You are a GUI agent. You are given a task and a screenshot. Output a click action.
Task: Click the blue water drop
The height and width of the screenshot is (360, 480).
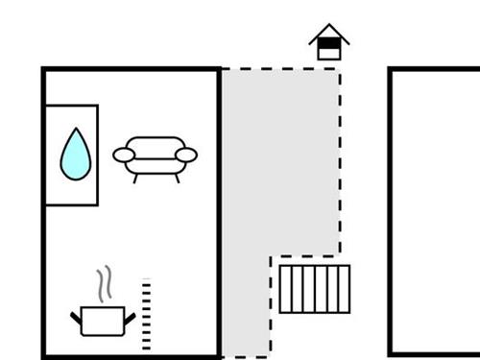pos(73,156)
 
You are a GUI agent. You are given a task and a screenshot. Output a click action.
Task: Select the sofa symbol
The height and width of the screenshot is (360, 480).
pos(156,156)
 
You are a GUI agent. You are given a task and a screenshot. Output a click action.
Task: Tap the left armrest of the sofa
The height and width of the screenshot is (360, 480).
pos(124,154)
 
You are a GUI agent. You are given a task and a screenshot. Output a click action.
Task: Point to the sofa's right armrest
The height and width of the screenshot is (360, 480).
pos(186,154)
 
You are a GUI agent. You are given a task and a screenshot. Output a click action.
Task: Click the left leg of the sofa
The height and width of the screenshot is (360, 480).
pos(135,177)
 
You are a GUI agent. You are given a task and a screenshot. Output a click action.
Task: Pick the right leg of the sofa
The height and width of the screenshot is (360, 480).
pos(176,177)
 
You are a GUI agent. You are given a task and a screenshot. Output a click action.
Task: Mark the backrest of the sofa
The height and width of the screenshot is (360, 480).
pos(156,144)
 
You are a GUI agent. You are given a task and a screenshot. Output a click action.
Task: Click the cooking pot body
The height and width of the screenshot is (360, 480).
pos(101,321)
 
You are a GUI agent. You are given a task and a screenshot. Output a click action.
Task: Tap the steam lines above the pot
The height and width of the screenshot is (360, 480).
pos(104,285)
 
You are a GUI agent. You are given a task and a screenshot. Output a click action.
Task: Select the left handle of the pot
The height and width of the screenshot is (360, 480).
pos(77,316)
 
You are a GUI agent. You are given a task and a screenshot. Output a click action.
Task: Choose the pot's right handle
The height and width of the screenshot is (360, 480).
pos(127,316)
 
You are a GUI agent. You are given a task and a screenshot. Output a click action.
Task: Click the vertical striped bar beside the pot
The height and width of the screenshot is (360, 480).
pos(146,314)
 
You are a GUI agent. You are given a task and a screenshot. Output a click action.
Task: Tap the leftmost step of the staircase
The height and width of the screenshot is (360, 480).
pos(285,289)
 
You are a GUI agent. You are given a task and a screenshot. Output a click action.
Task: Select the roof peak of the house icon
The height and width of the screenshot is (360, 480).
pos(329,27)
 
